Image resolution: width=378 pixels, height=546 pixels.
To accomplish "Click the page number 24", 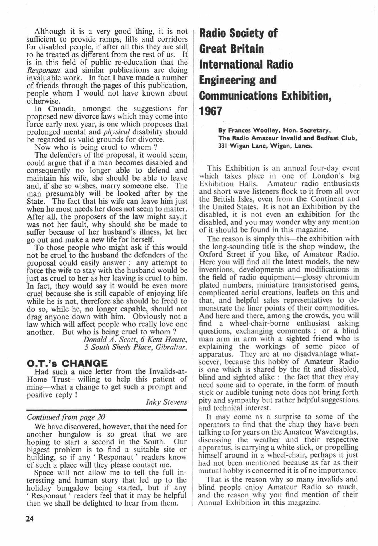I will [x=30, y=519].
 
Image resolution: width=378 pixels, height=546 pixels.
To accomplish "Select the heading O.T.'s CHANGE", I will [x=67, y=363].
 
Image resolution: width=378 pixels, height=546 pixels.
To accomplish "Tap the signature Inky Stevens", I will [x=166, y=402].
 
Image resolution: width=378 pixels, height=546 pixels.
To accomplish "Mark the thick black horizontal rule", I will [x=107, y=410].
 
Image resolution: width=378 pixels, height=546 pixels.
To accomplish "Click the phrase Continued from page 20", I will [x=66, y=417].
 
